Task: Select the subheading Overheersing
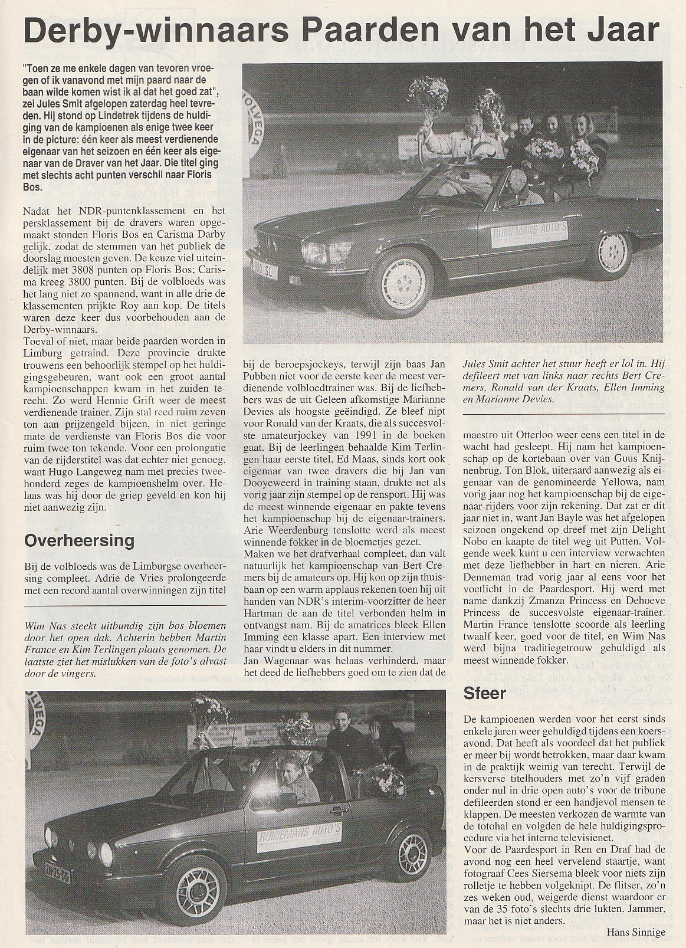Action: tap(80, 540)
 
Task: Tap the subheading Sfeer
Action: tap(485, 693)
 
